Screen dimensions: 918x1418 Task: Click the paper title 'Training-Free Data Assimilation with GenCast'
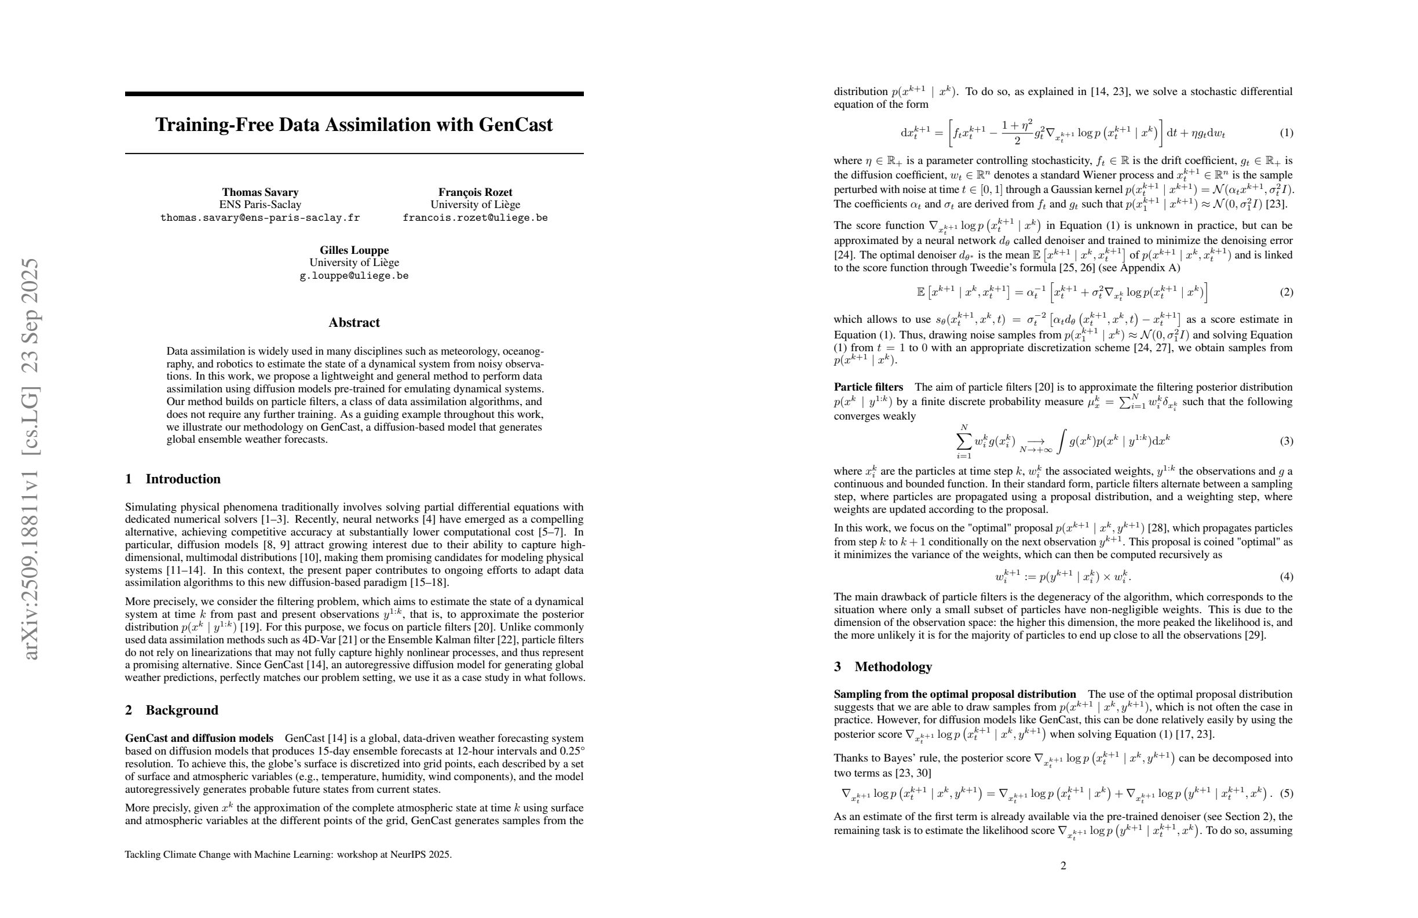pos(354,125)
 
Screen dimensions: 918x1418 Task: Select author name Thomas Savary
pos(260,192)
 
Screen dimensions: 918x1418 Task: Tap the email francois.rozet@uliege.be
pos(475,217)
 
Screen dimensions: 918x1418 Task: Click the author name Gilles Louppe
pos(354,250)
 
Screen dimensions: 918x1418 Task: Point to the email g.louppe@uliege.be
pos(354,276)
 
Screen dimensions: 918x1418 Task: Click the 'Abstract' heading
pos(354,322)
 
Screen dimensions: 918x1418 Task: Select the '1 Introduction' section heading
pos(173,479)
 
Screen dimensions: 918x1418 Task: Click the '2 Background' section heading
pos(171,710)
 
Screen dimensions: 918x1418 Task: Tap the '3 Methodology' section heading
pos(882,666)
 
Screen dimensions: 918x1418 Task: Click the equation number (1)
pos(1287,132)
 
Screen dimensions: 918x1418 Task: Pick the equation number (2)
pos(1287,292)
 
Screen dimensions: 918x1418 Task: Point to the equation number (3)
pos(1287,441)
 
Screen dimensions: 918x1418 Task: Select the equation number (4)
pos(1287,577)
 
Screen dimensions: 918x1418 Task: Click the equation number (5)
pos(1287,793)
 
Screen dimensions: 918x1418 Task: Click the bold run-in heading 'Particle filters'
pos(868,387)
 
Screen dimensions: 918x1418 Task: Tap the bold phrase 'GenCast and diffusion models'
pos(199,738)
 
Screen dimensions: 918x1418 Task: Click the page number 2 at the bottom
pos(1063,865)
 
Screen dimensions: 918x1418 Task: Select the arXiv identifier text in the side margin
pos(31,459)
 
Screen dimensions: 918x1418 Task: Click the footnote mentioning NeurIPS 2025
pos(288,854)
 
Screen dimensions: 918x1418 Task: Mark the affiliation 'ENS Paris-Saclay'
pos(260,205)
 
